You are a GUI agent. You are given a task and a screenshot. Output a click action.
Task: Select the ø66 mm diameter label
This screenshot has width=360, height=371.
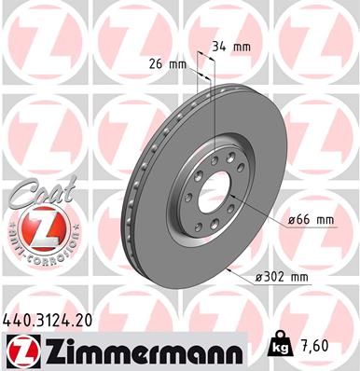tap(312, 219)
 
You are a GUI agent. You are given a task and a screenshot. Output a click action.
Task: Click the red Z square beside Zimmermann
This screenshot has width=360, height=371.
tap(21, 348)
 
